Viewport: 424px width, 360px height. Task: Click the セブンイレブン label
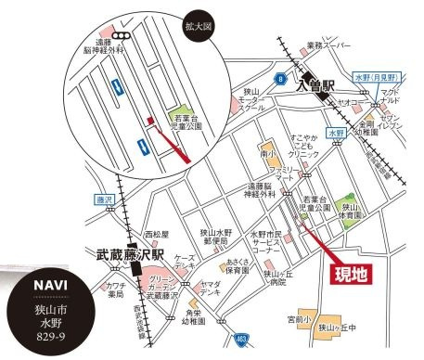[x=392, y=122]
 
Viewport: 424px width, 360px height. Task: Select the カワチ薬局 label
[x=116, y=291]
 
